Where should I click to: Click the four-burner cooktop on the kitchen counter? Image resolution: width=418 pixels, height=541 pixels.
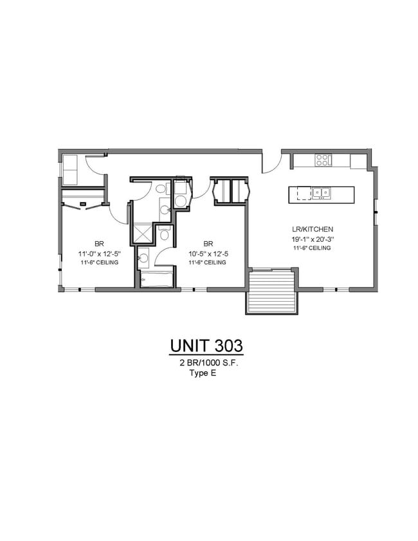point(322,160)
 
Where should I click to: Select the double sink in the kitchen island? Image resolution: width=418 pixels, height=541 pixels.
point(322,192)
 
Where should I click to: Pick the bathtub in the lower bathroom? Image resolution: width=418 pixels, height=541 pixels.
point(157,279)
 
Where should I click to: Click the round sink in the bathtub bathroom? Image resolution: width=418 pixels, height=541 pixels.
point(143,259)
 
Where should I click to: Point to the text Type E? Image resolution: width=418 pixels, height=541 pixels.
point(202,372)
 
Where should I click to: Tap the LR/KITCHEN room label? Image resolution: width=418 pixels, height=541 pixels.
point(312,230)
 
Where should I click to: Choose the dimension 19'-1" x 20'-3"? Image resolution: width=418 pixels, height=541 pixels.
point(312,239)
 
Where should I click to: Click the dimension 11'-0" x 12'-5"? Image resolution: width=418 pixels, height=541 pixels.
point(99,253)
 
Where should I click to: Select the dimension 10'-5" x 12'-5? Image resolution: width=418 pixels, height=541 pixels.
point(208,253)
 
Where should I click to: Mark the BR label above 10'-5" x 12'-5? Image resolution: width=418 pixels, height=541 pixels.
point(208,244)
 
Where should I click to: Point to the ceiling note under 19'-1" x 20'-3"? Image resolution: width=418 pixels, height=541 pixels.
point(312,248)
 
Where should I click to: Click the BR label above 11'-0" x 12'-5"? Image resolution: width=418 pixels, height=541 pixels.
point(99,244)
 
